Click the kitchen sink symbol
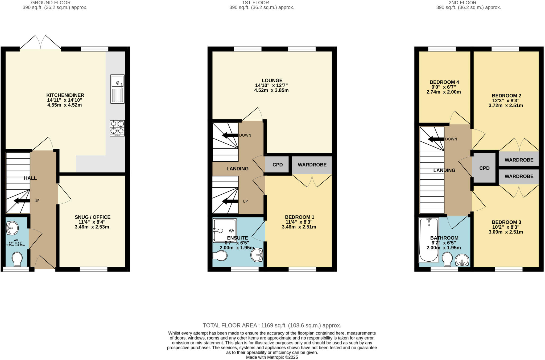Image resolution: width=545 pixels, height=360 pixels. tap(117, 89)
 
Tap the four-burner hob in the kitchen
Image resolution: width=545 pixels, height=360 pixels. tap(117, 128)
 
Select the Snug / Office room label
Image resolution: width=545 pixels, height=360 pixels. tap(92, 217)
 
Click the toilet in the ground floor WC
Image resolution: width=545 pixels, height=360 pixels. tap(17, 259)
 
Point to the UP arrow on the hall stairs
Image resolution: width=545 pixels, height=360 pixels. tap(22, 201)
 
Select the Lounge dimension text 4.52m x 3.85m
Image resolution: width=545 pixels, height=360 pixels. tap(271, 90)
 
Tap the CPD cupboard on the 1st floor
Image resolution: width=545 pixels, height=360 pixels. tap(277, 165)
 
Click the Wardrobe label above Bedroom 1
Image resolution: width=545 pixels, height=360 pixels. tap(312, 165)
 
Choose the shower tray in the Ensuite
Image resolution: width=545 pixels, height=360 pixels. tap(224, 230)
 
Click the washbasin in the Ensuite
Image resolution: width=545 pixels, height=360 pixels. tap(257, 255)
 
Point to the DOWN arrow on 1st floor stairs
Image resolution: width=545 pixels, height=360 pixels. tap(230, 135)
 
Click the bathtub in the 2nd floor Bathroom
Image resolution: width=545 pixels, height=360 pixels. tap(428, 240)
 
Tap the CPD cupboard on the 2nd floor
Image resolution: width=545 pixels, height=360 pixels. tap(484, 168)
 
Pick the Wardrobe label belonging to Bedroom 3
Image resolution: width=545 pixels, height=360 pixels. tap(519, 177)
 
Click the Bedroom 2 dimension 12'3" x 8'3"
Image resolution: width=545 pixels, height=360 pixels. tap(506, 101)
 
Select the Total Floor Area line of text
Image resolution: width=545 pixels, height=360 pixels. tap(272, 325)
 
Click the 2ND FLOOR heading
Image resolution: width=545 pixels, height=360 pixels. tap(468, 3)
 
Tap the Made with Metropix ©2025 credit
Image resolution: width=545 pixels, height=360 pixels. tap(272, 357)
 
